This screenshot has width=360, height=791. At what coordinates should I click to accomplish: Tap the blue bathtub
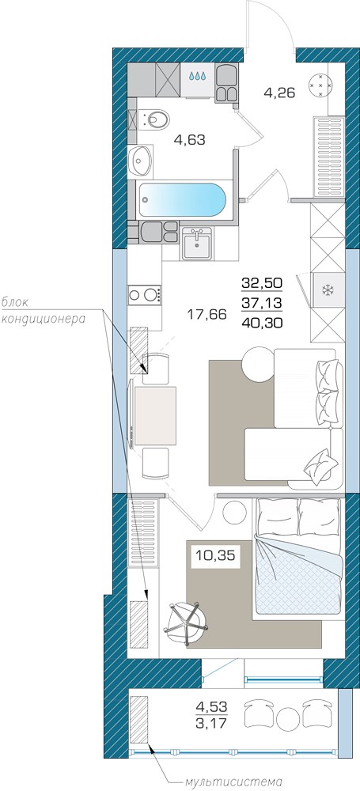coord(183,199)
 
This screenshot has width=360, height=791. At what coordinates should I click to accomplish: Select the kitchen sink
coord(196,243)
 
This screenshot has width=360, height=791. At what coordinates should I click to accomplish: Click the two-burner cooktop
coord(145,294)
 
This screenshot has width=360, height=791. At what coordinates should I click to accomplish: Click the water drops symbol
coord(198,76)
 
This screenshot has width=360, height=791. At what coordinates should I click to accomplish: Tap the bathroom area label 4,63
coord(189,140)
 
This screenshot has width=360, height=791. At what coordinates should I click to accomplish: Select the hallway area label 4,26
coord(279,93)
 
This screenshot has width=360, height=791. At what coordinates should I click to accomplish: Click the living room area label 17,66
coord(207,315)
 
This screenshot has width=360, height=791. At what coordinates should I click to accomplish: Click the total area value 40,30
coord(263,324)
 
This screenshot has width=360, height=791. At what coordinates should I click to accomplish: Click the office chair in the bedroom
coord(186,622)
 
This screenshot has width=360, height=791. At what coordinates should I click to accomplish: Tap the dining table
coord(155,416)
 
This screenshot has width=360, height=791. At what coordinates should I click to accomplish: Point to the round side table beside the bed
coord(233,513)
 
